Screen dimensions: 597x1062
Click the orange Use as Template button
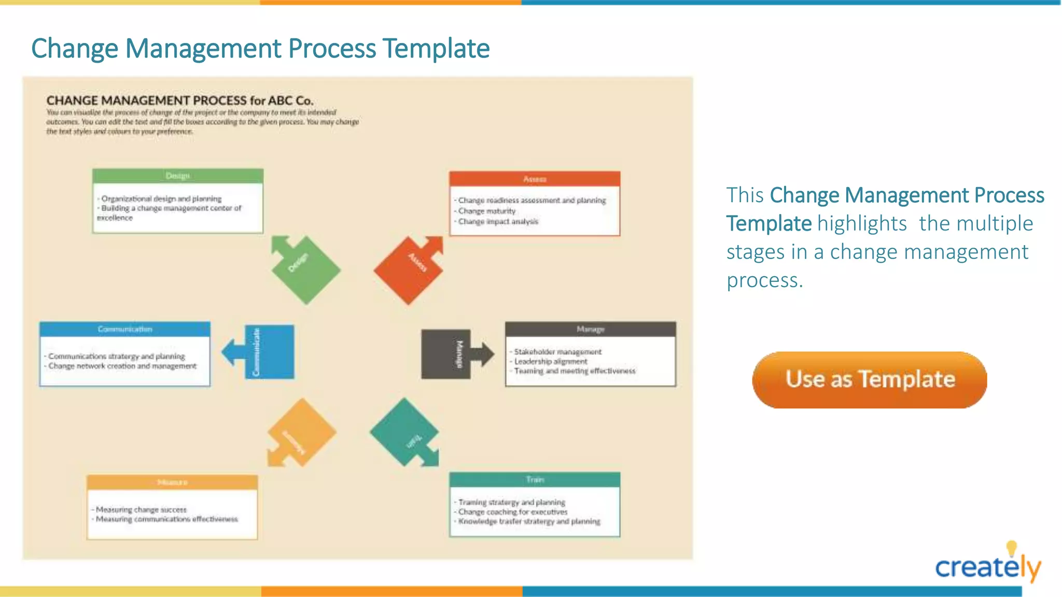click(x=870, y=380)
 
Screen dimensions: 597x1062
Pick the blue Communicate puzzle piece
click(x=269, y=352)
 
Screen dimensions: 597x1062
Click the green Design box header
click(x=178, y=176)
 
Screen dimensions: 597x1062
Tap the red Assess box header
click(x=535, y=179)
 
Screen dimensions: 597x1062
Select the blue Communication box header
click(x=125, y=329)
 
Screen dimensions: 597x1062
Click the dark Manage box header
click(x=590, y=329)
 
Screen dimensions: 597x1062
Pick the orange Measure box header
click(x=172, y=482)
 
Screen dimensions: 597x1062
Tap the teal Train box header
click(x=535, y=479)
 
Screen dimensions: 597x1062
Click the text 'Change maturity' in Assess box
click(x=487, y=211)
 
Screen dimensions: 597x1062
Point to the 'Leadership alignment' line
click(x=551, y=361)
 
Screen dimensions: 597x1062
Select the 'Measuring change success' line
click(x=141, y=509)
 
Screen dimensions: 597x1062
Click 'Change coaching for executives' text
click(x=513, y=511)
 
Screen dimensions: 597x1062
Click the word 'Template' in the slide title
click(x=436, y=49)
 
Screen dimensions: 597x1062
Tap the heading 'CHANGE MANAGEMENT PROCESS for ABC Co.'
click(x=180, y=101)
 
